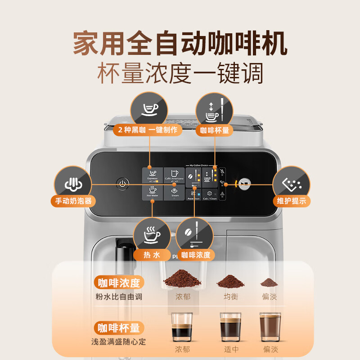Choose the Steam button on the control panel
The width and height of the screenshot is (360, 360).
click(174, 193)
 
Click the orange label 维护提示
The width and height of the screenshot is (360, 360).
click(292, 201)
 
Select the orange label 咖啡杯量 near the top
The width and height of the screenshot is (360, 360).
click(214, 130)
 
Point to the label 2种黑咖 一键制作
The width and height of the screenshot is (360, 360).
click(148, 130)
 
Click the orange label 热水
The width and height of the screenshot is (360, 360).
click(152, 255)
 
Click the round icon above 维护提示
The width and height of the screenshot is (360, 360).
click(292, 184)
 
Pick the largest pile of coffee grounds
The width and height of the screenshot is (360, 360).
click(181, 279)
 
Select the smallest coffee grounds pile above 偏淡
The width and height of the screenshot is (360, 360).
click(269, 283)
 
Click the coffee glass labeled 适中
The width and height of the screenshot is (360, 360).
click(230, 328)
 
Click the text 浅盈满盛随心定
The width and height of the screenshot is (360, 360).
click(119, 342)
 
